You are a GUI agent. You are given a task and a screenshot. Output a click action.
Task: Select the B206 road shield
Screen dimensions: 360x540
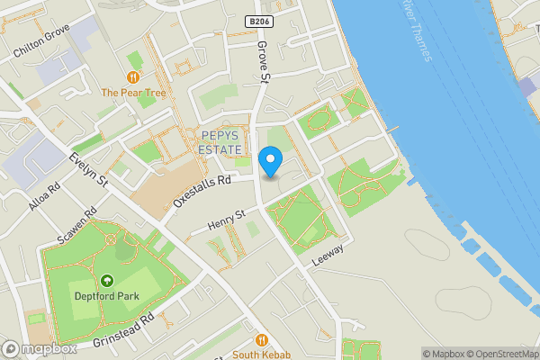(258, 20)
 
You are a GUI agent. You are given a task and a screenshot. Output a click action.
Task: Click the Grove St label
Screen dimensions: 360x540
(264, 63)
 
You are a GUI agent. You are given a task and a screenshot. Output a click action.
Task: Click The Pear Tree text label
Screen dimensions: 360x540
(134, 93)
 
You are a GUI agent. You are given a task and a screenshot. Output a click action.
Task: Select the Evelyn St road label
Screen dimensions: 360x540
(89, 170)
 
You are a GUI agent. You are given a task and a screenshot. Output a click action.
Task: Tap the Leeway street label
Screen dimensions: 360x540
(327, 256)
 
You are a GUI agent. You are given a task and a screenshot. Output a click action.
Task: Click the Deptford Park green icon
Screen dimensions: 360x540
(106, 282)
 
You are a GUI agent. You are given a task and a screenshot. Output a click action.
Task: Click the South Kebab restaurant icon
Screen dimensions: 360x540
(262, 340)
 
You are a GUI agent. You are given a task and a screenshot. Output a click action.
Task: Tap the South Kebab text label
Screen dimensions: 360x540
(262, 354)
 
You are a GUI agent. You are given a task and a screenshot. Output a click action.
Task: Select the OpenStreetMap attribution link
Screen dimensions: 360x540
(500, 354)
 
